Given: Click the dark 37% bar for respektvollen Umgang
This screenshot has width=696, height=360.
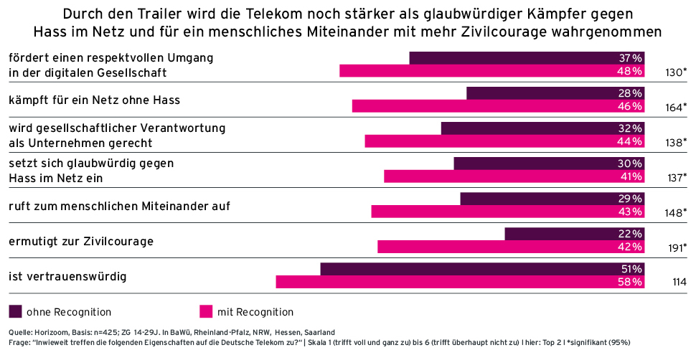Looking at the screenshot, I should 527,58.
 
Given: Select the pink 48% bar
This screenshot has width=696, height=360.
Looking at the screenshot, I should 492,71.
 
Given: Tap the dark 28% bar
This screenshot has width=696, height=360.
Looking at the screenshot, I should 555,93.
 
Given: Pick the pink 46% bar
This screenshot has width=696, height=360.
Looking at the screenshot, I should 498,106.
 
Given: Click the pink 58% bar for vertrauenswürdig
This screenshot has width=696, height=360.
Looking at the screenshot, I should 460,282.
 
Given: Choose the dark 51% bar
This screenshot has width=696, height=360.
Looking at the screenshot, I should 482,269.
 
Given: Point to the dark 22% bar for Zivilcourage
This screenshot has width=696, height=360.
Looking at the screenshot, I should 575,234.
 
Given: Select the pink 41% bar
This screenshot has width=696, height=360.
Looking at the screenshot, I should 514,176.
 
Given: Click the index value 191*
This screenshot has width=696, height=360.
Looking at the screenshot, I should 676,248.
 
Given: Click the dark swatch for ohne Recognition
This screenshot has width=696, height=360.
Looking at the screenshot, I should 15,312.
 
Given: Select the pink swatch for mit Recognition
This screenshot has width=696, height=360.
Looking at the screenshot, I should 206,312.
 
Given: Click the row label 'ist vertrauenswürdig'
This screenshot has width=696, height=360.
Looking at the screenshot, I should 58,276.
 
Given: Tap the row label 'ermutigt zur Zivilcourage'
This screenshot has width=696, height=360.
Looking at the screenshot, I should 81,241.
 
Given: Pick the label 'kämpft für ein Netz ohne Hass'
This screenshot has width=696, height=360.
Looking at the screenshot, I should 94,100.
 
